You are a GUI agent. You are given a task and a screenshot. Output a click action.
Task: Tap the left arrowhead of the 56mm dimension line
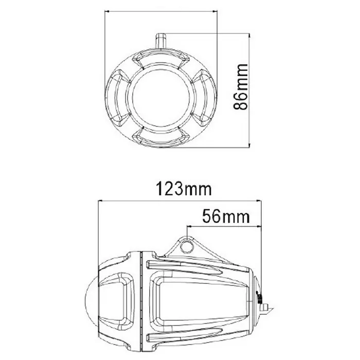[189, 225]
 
